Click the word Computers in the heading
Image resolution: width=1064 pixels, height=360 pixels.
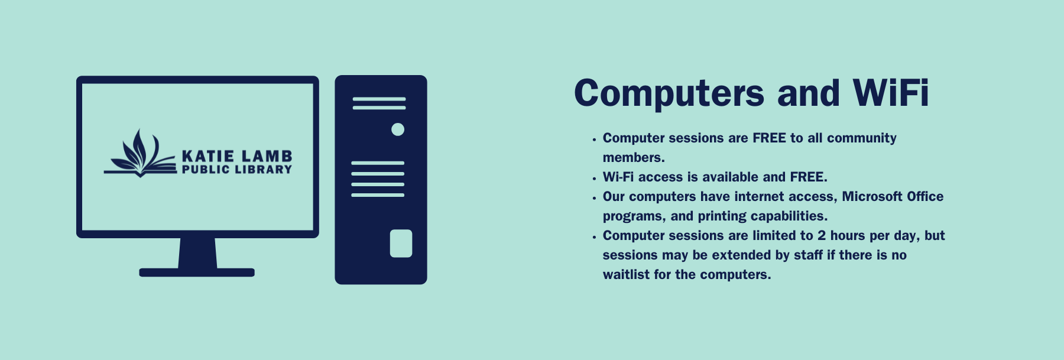click(x=669, y=94)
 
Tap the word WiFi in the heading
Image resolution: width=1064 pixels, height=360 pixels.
click(x=891, y=93)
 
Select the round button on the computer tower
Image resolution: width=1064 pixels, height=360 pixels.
click(x=398, y=129)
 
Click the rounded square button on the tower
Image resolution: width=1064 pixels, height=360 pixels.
click(x=401, y=244)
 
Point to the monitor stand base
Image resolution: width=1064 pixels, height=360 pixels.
click(x=197, y=273)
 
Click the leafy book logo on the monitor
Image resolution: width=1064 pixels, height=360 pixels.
click(x=141, y=153)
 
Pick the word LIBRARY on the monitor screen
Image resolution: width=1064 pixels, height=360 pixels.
click(x=264, y=170)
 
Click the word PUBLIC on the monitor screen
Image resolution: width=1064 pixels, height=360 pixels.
click(x=206, y=170)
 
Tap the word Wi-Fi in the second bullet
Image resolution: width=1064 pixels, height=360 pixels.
click(x=618, y=177)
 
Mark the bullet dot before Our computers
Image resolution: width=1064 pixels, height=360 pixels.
click(x=594, y=198)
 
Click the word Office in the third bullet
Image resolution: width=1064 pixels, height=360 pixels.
click(x=925, y=196)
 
